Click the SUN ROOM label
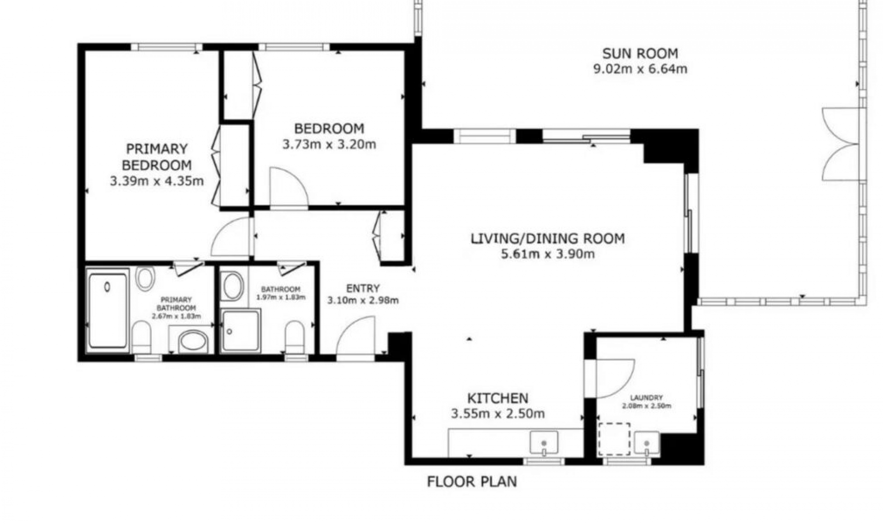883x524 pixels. (640, 53)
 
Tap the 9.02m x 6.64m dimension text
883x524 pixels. (641, 69)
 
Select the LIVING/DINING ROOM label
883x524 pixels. (548, 239)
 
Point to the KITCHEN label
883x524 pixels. (498, 398)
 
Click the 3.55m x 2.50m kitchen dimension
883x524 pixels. (498, 414)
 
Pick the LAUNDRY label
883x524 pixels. (647, 398)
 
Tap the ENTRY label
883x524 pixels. (363, 289)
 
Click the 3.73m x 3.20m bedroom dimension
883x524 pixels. (329, 145)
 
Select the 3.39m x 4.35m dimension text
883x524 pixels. (157, 181)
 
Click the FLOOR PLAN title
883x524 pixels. (472, 482)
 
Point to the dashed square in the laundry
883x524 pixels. (614, 439)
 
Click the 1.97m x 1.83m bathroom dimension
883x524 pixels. (281, 297)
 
